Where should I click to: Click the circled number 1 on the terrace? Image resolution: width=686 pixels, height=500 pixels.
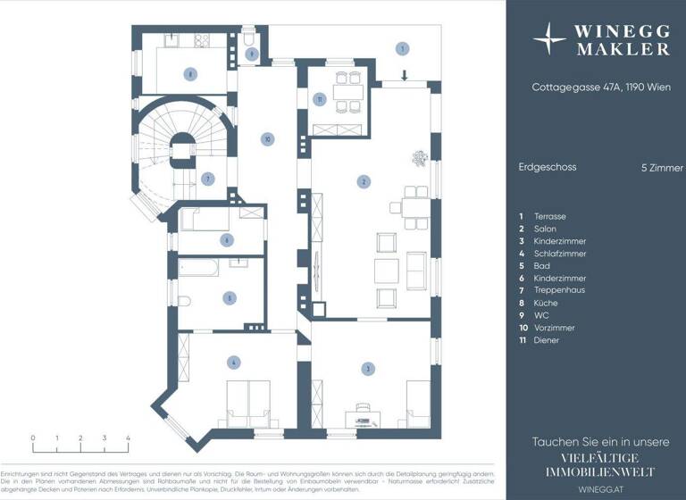click(403, 48)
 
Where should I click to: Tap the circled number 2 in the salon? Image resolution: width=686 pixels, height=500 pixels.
click(364, 182)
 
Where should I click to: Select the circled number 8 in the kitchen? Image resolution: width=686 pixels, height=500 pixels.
click(190, 74)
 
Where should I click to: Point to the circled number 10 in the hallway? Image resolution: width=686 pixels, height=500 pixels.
click(266, 138)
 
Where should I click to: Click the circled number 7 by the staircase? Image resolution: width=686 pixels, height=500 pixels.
click(207, 179)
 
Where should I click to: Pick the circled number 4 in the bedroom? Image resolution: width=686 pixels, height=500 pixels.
click(233, 362)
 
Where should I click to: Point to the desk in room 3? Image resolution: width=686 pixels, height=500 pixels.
click(364, 407)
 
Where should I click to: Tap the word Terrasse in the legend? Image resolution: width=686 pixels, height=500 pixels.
click(549, 216)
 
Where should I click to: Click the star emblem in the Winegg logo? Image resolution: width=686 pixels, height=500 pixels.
click(548, 39)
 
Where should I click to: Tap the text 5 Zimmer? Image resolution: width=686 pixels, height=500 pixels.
click(657, 167)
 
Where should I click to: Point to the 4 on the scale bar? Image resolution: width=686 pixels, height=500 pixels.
click(129, 438)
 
